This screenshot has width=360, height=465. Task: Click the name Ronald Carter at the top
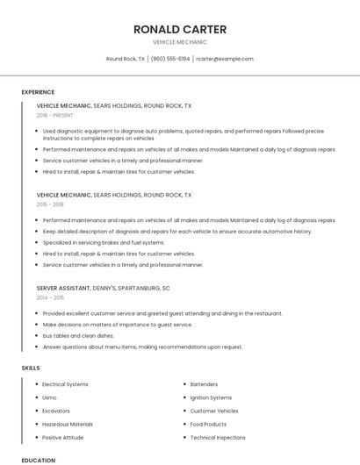click(x=179, y=29)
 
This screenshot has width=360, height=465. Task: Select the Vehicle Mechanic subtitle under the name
click(x=179, y=42)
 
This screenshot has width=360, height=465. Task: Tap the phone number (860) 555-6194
click(x=170, y=59)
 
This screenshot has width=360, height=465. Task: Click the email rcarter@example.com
click(x=225, y=59)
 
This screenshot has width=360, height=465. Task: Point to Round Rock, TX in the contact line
click(x=126, y=59)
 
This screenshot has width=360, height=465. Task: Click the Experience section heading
click(x=38, y=92)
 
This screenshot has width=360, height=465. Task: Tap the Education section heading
click(x=38, y=460)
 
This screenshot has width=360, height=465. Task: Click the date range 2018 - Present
click(x=55, y=115)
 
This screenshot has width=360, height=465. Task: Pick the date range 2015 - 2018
click(x=50, y=204)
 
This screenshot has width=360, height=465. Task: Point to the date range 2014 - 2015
click(x=50, y=297)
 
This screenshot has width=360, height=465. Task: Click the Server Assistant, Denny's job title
click(x=104, y=288)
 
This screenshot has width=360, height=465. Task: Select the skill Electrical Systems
click(x=65, y=384)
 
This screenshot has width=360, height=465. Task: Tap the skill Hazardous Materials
click(x=67, y=424)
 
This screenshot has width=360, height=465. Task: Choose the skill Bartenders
click(x=204, y=384)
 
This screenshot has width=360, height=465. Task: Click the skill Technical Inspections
click(x=218, y=437)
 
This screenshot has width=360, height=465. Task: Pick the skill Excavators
click(x=56, y=411)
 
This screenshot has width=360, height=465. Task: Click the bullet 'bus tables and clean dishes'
click(x=78, y=335)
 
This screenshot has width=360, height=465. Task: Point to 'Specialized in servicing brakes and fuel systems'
click(x=104, y=242)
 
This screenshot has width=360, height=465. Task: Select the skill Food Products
click(x=208, y=424)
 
